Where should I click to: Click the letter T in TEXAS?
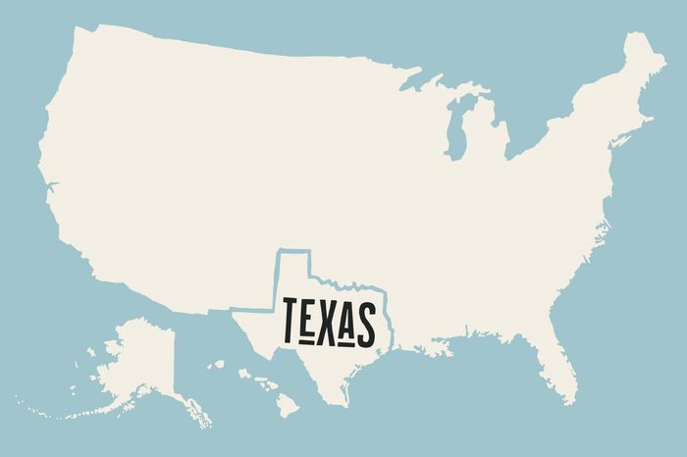(290, 320)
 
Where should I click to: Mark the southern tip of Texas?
(344, 403)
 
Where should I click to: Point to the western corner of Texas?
(236, 311)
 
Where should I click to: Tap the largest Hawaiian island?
(286, 401)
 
